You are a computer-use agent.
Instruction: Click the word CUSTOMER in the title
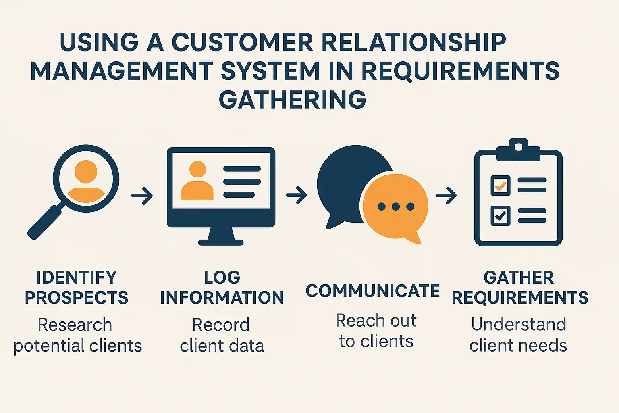(242, 42)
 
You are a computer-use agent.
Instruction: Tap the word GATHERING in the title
(292, 100)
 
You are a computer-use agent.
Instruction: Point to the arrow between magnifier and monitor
(142, 196)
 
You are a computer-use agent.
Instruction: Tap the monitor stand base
(221, 242)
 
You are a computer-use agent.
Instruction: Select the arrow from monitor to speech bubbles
(296, 195)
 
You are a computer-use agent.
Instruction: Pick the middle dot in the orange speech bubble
(396, 207)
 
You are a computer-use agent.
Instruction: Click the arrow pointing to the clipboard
(446, 196)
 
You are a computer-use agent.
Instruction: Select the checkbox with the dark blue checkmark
(501, 216)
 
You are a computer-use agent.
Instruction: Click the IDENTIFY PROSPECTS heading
(77, 288)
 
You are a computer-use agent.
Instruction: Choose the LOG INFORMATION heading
(222, 288)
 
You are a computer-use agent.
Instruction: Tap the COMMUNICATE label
(372, 291)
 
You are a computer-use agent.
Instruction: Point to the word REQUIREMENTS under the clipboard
(520, 298)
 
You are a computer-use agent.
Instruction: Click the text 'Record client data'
(222, 336)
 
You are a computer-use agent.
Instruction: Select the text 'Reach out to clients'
(376, 331)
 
